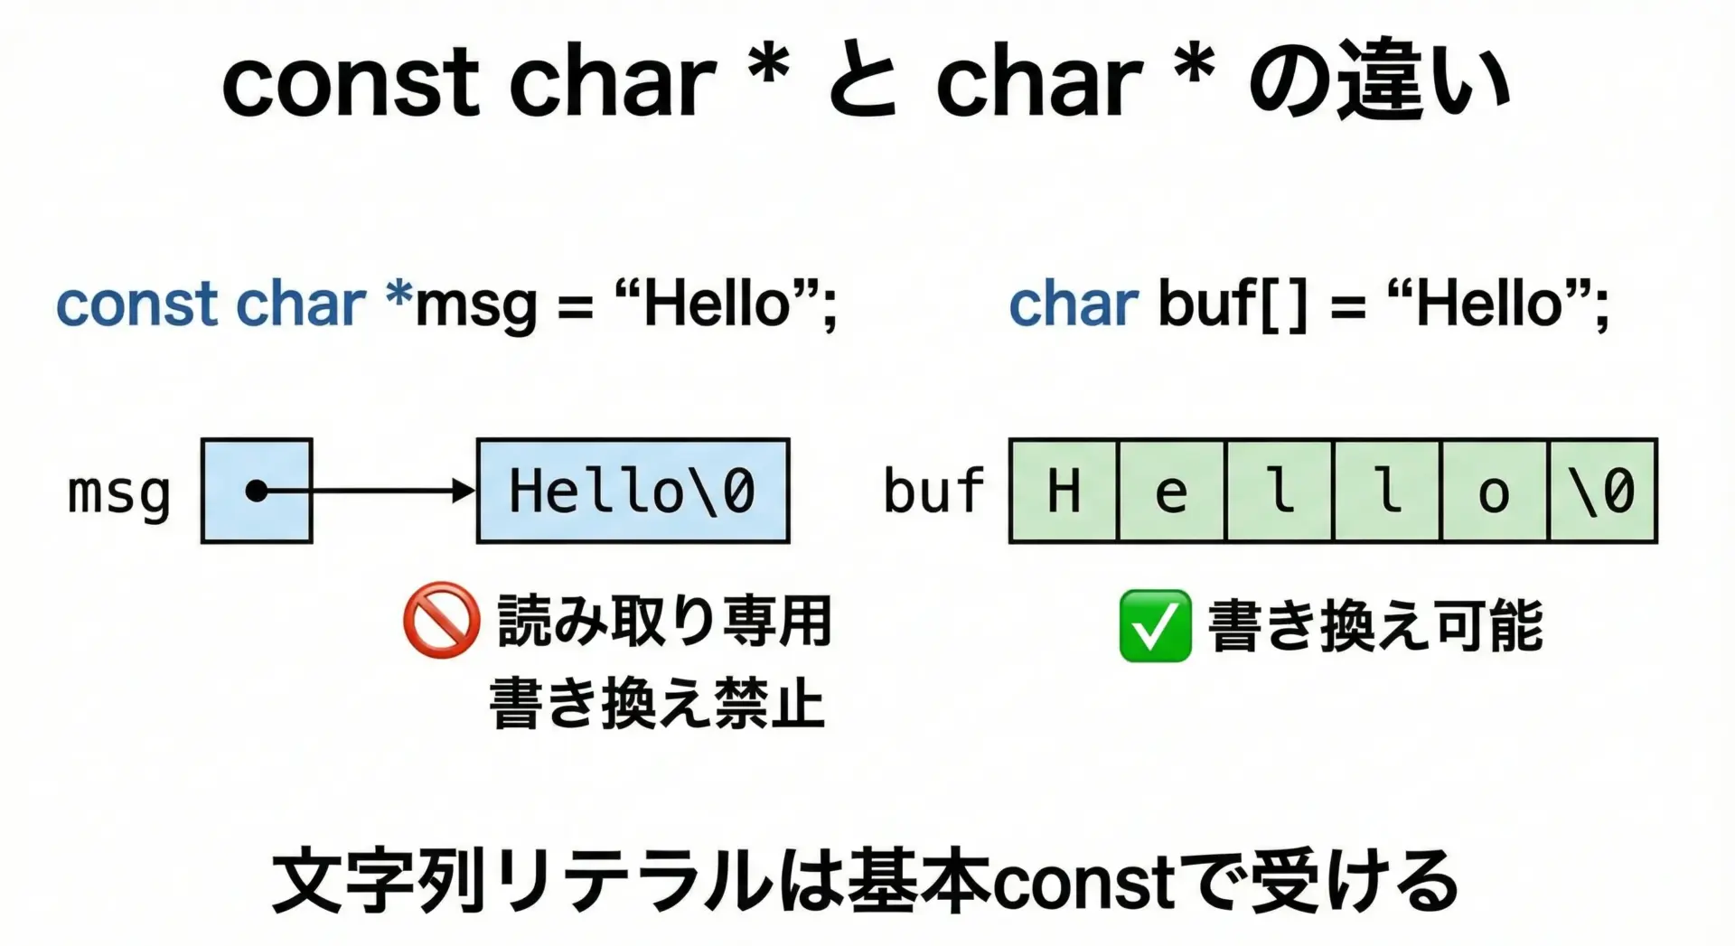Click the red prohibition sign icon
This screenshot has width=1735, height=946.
441,620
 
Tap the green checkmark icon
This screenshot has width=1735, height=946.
1155,625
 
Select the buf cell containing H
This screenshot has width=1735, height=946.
1064,491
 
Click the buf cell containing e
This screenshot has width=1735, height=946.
1172,491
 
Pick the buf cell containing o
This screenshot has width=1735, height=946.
1495,491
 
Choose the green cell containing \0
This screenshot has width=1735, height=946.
1603,491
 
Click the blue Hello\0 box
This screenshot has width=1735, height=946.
633,491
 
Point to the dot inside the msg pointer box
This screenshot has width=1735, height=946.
257,491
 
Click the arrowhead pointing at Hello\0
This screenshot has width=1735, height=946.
464,491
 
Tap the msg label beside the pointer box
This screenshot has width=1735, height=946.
119,494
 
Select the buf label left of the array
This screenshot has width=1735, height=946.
934,491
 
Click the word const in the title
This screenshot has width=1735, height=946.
351,83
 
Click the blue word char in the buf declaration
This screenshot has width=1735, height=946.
1074,304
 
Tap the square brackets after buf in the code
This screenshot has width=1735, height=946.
1282,304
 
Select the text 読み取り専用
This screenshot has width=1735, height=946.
664,621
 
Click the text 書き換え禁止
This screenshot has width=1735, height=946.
657,703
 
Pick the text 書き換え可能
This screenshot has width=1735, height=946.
1375,625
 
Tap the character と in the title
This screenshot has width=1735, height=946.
863,83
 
